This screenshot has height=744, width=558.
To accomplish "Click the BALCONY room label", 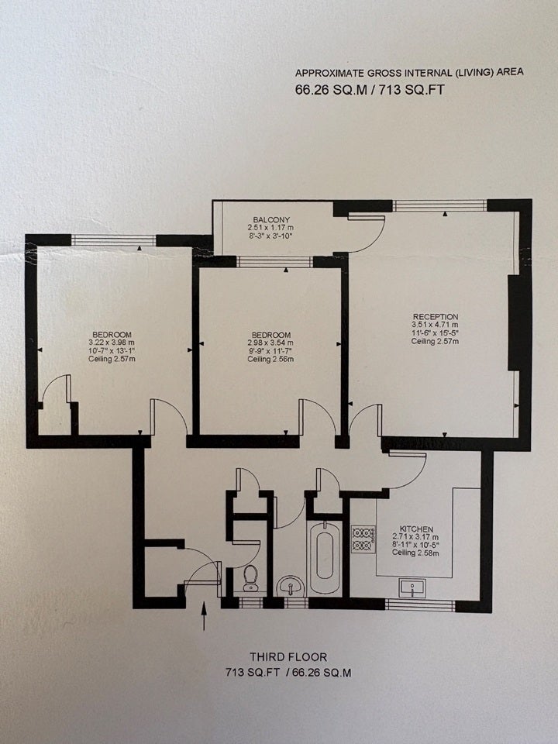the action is [x=271, y=219].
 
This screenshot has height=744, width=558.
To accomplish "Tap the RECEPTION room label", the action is [x=436, y=316].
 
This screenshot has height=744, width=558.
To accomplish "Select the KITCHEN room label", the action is [x=416, y=529].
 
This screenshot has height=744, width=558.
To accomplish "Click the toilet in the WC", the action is [x=250, y=578].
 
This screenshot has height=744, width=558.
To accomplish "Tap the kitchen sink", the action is [x=413, y=588].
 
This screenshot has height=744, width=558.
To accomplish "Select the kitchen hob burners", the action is [x=363, y=539].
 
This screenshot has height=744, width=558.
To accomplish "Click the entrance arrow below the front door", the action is [x=204, y=616].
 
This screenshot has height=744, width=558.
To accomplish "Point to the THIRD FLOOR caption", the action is [x=288, y=657].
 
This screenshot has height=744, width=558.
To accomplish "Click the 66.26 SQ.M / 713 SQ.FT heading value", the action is [x=370, y=90].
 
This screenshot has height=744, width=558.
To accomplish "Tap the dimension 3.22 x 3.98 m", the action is [x=112, y=343].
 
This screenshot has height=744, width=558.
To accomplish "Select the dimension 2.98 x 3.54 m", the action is [x=270, y=343].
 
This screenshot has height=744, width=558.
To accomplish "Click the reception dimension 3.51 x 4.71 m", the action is [x=435, y=325].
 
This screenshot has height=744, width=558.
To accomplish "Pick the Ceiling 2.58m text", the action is [x=415, y=553].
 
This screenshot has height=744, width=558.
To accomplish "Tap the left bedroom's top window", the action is [x=113, y=240].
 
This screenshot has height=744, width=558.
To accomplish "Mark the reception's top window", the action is [x=440, y=205].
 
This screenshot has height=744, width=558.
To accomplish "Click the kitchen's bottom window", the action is [x=420, y=605].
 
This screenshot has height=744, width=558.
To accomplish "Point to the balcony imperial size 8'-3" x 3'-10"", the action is [x=271, y=236].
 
